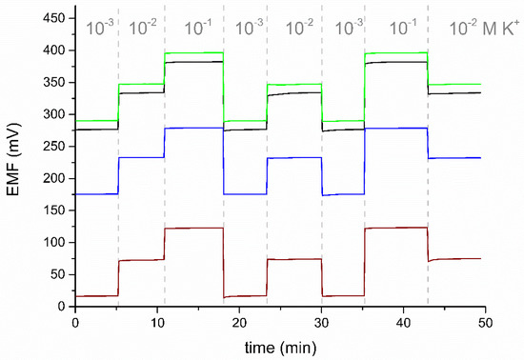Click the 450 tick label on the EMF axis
point(54,18)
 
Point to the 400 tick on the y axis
point(54,50)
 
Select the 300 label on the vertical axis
point(54,114)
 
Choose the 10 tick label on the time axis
point(157,320)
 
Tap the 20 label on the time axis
point(239,320)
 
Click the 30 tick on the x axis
point(321,320)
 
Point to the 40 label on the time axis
point(403,320)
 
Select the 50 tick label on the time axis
point(485,320)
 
